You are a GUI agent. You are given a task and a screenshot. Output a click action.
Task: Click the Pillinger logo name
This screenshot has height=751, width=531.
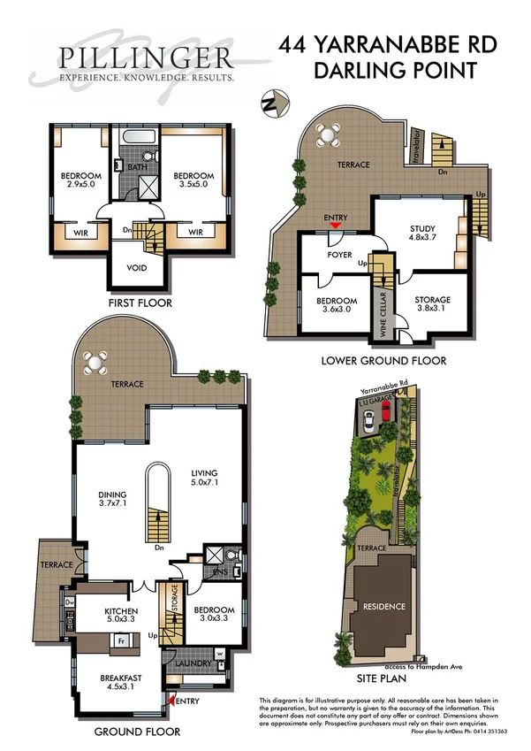[146, 58]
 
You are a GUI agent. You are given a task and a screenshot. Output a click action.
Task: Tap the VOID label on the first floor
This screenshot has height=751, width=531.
[138, 268]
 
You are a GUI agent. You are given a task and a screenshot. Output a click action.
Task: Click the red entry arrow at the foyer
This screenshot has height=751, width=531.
[335, 226]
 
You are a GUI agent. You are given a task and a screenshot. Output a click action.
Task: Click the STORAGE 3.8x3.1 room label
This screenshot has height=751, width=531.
[433, 305]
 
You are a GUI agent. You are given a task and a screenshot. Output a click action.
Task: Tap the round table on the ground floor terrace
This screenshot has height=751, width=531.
[95, 363]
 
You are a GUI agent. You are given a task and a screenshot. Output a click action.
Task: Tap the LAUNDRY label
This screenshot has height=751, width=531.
[192, 663]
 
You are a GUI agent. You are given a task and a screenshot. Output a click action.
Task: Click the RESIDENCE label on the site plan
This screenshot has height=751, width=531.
[381, 607]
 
